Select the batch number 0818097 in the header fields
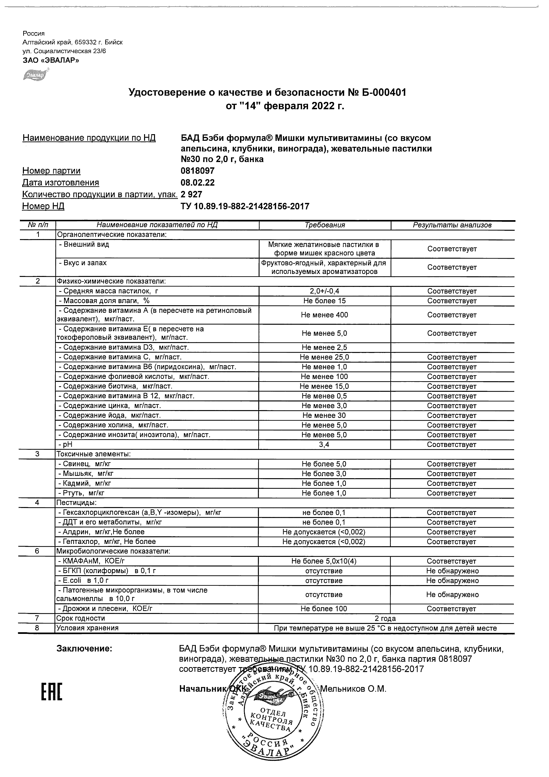tap(197, 171)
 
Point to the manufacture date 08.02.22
tap(197, 183)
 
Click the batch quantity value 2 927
tap(192, 194)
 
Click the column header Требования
tap(325, 225)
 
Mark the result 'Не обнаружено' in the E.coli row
tap(452, 580)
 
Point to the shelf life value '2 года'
tap(386, 618)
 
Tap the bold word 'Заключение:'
tap(84, 649)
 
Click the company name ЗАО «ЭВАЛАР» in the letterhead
tap(51, 60)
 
